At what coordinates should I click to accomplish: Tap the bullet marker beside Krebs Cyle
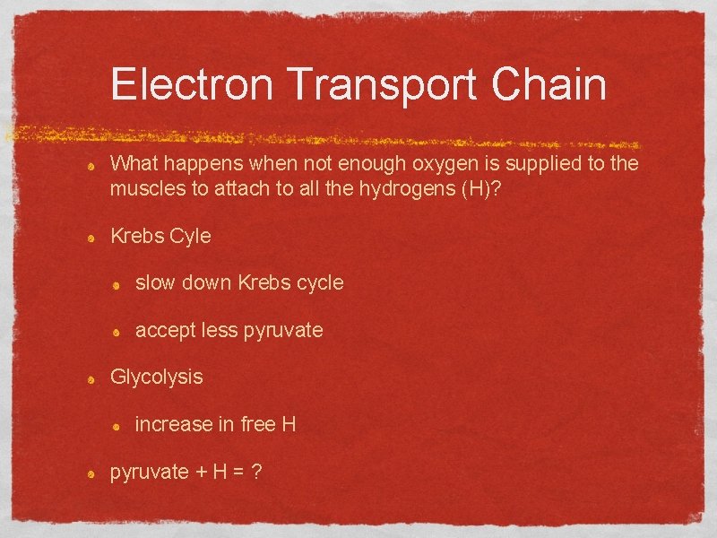coord(92,238)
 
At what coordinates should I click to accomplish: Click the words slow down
coord(183,282)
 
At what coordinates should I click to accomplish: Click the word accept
coord(164,330)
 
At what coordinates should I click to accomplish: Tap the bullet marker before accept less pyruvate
coord(117,332)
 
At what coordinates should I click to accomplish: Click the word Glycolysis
coord(156,377)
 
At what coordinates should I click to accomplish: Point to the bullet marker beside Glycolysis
coord(92,378)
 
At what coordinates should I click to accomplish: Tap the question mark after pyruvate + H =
coord(256,471)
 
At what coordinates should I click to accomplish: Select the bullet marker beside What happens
coord(92,166)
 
